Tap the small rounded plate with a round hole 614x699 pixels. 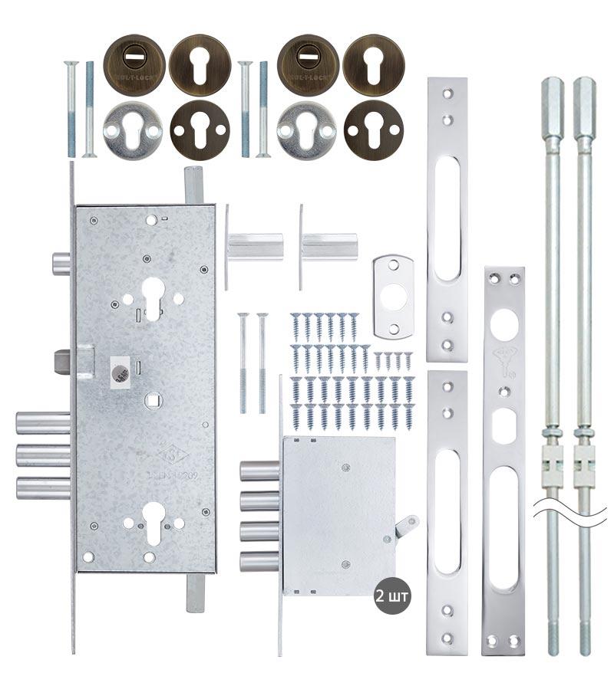[393, 296]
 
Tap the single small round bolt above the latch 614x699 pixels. [61, 264]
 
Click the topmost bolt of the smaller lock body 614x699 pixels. [259, 471]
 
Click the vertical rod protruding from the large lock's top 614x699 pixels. [193, 186]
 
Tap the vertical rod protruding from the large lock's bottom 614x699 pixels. [194, 593]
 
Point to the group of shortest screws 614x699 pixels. [392, 359]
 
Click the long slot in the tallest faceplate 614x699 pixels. [447, 219]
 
